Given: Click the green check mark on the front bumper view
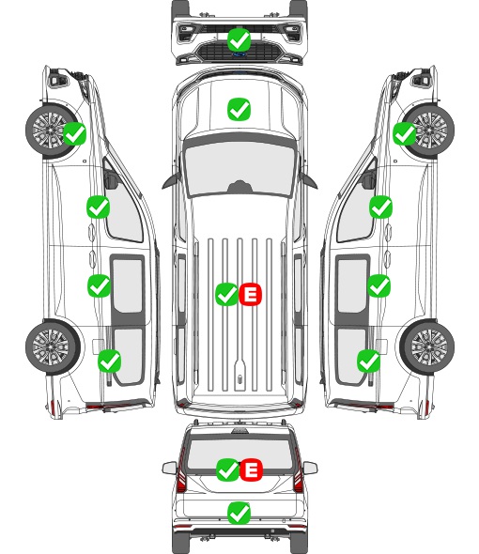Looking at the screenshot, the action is pos(239,39).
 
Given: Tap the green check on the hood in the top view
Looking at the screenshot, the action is pos(239,109).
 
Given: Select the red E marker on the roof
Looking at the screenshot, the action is pos(250,294).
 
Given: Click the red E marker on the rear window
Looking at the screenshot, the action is pos(251,469).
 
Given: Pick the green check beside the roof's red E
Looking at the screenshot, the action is pos(227,294).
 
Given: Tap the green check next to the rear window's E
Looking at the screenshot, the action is pos(227,469).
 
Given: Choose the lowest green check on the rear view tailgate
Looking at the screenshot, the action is pos(239,513).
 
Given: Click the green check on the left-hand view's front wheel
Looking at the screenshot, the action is pos(74,133).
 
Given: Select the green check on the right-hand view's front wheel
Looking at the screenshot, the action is pos(405,133).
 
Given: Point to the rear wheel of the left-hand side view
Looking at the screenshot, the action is pos(53,346).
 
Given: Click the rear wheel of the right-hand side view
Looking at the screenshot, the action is pos(427,346).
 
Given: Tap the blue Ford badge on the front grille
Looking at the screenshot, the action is pos(239,54).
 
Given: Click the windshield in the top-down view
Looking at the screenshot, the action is pos(239,169).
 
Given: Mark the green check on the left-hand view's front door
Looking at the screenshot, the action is pos(99,207).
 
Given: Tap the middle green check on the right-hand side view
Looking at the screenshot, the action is pos(379,285).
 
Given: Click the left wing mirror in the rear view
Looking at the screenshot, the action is pos(169,468).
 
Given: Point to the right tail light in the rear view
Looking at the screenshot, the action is pos(298,475).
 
